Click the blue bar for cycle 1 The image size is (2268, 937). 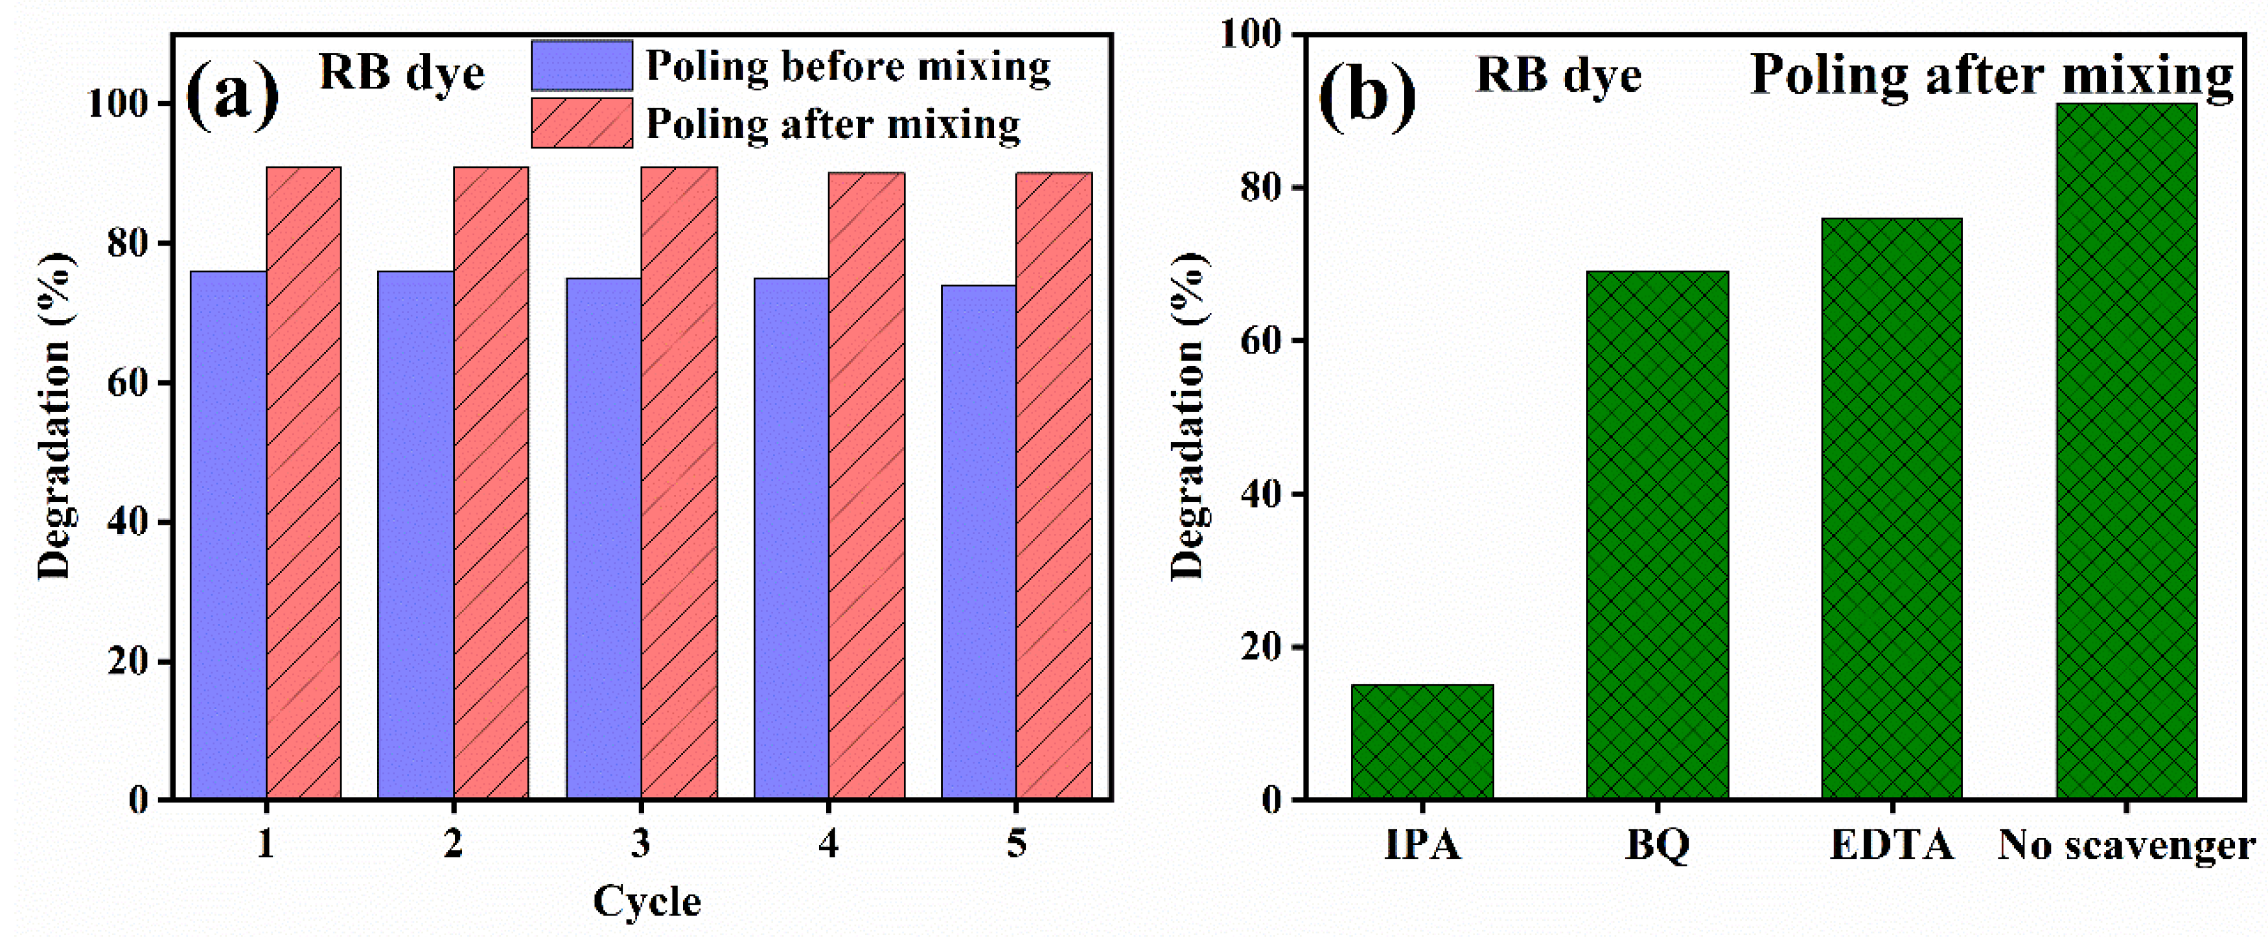[228, 535]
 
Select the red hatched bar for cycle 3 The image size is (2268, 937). [679, 483]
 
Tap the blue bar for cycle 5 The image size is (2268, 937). [978, 542]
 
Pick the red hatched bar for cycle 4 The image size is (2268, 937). [866, 485]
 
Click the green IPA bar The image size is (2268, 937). [1422, 741]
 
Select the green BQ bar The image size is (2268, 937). [1657, 535]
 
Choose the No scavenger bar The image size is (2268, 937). [2126, 451]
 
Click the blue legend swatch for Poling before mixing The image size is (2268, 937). [581, 66]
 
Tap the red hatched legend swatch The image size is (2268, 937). [581, 123]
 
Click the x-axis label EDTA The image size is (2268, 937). [1891, 846]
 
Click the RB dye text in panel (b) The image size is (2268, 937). [1558, 75]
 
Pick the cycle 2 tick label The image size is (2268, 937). [452, 844]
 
